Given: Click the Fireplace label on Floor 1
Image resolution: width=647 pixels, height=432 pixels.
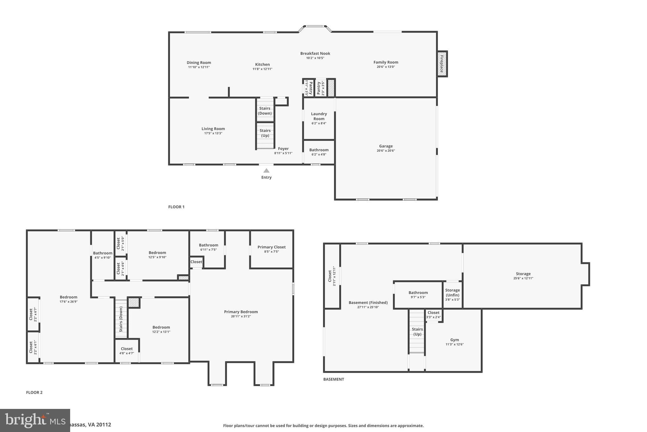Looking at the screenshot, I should click(x=442, y=64).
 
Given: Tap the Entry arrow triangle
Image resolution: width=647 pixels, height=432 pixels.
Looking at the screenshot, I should click(x=266, y=171).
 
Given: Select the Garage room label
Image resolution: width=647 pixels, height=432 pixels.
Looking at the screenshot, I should click(x=386, y=146).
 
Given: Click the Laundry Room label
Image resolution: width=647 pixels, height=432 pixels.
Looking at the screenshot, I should click(x=319, y=116).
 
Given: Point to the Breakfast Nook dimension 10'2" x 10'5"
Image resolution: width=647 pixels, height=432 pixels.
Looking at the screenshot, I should click(x=315, y=58).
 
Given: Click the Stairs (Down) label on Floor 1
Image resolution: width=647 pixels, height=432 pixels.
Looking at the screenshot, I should click(x=265, y=111).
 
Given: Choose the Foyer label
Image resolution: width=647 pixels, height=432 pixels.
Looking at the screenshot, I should click(x=283, y=149).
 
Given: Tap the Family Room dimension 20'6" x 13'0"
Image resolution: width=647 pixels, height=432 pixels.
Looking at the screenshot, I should click(x=386, y=67).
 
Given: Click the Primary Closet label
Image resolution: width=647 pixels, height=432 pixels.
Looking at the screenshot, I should click(x=271, y=247).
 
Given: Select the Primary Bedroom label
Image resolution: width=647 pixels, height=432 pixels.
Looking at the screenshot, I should click(x=241, y=312).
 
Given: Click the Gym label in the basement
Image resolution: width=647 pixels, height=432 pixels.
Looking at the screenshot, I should click(x=454, y=340).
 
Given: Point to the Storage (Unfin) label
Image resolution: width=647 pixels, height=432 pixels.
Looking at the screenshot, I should click(x=452, y=292).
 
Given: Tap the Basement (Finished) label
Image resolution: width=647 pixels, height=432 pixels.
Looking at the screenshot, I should click(x=368, y=303).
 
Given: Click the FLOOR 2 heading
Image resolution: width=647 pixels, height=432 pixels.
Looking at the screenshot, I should click(x=34, y=392).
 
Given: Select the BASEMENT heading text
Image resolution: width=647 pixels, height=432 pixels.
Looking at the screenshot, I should click(x=333, y=379).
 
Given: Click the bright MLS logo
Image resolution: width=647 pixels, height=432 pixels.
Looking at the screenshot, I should click(x=35, y=420).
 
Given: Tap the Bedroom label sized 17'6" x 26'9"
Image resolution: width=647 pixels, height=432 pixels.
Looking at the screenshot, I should click(x=69, y=297).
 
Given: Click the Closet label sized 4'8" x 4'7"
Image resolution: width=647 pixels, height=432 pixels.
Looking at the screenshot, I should click(x=127, y=349).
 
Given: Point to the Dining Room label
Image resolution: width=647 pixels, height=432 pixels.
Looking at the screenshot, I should click(x=199, y=63).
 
